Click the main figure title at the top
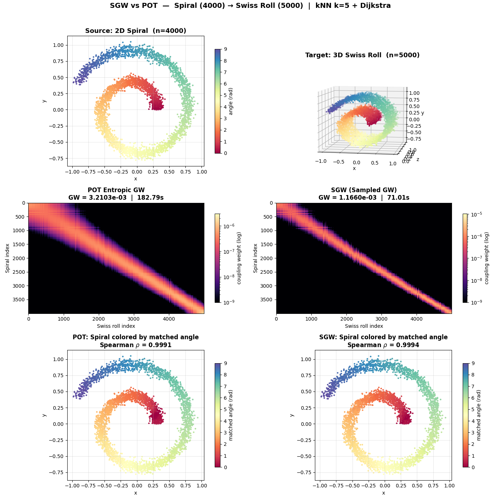250,6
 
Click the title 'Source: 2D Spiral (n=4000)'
136,31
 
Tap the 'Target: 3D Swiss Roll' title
362,55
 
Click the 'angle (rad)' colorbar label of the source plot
231,101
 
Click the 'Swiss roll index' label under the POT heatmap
116,326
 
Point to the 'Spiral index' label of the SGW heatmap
255,258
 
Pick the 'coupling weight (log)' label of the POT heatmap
239,258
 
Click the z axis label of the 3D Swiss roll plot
417,159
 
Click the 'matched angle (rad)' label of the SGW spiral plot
479,415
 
